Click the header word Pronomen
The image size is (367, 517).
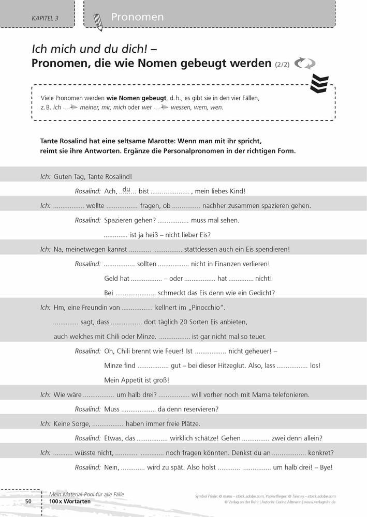click(x=137, y=17)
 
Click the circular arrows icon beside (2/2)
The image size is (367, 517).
click(x=304, y=64)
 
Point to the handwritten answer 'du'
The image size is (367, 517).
click(x=126, y=189)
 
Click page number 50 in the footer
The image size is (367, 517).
click(x=29, y=501)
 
